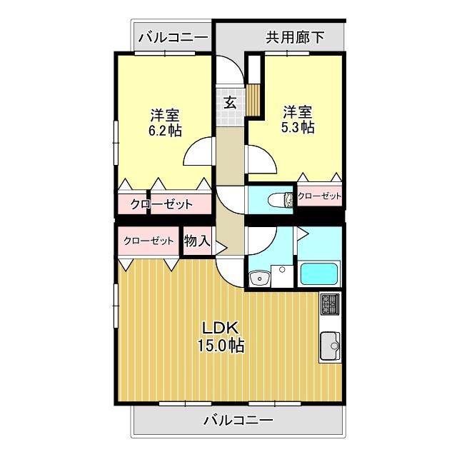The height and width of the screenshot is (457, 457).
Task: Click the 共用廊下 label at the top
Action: [294, 36]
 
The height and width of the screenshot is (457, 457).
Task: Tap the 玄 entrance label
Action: [231, 102]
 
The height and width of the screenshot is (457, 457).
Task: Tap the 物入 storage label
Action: [196, 241]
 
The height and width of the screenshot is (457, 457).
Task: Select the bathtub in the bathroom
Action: [319, 275]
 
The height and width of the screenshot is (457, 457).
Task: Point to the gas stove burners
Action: [330, 303]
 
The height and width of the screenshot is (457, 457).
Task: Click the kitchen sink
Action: [330, 346]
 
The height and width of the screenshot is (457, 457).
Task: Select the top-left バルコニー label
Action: [173, 36]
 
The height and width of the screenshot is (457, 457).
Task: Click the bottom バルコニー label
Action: [238, 420]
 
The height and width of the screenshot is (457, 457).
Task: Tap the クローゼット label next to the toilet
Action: [319, 196]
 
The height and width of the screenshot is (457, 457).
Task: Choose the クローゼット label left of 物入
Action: [149, 241]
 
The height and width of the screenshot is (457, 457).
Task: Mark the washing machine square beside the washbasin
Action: [281, 271]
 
